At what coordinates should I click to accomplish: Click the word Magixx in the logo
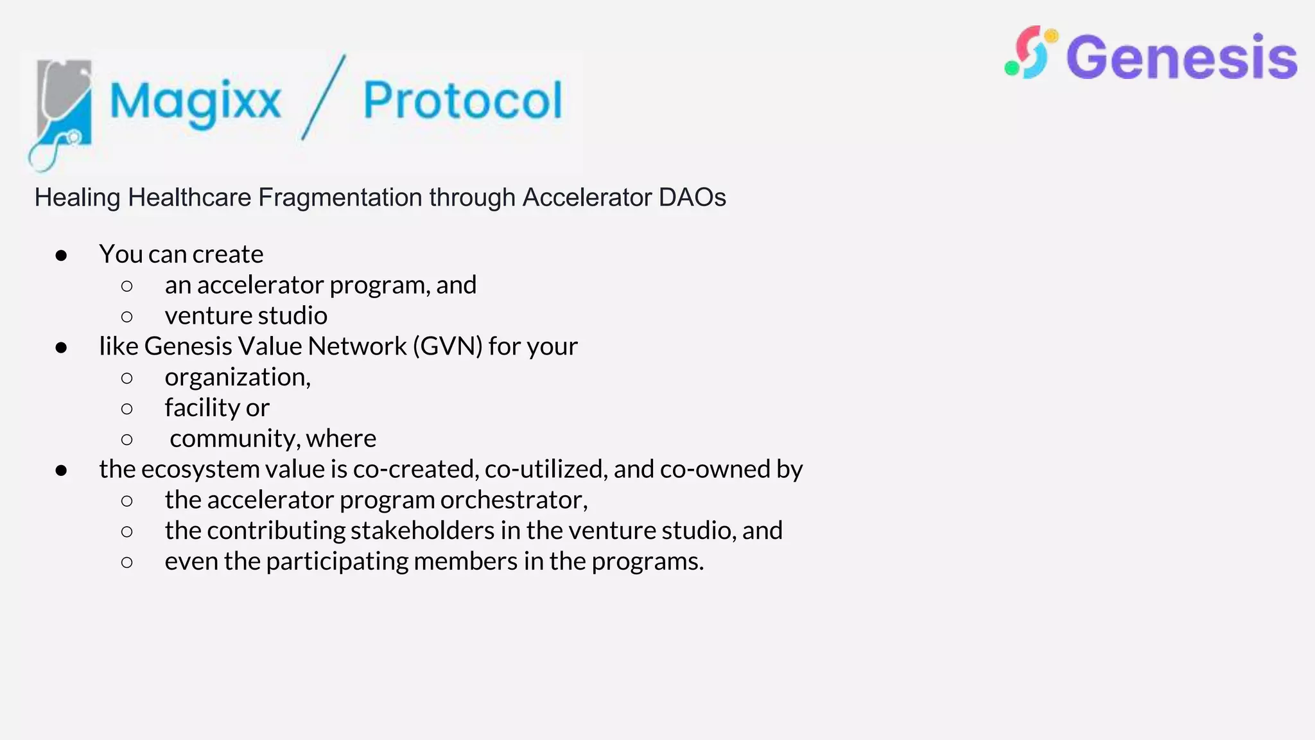pyautogui.click(x=195, y=101)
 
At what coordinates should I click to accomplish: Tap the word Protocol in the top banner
pyautogui.click(x=462, y=100)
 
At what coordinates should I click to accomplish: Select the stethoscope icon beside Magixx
pyautogui.click(x=61, y=112)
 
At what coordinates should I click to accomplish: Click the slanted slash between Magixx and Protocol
pyautogui.click(x=324, y=97)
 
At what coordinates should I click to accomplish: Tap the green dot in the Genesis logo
pyautogui.click(x=1011, y=68)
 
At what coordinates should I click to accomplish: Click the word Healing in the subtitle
pyautogui.click(x=77, y=197)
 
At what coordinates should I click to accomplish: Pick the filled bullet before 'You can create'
pyautogui.click(x=62, y=256)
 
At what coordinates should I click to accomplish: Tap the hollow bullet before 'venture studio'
pyautogui.click(x=127, y=317)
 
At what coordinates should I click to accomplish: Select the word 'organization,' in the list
pyautogui.click(x=238, y=377)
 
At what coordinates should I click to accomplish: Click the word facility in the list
pyautogui.click(x=202, y=408)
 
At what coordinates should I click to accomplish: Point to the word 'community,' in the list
pyautogui.click(x=235, y=439)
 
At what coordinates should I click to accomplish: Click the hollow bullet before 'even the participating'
pyautogui.click(x=127, y=563)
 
